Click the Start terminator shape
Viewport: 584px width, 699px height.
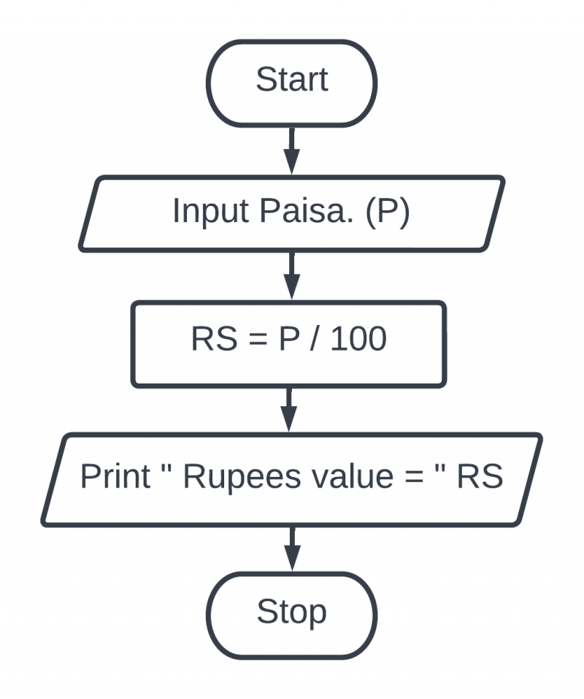click(291, 80)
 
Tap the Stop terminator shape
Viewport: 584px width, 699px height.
click(291, 612)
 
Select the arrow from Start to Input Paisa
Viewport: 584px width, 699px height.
click(291, 150)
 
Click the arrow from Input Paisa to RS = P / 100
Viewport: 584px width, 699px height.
click(291, 275)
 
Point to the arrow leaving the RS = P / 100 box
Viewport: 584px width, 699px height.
click(290, 408)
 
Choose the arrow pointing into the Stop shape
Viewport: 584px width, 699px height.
click(291, 547)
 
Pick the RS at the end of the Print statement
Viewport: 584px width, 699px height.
click(480, 477)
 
